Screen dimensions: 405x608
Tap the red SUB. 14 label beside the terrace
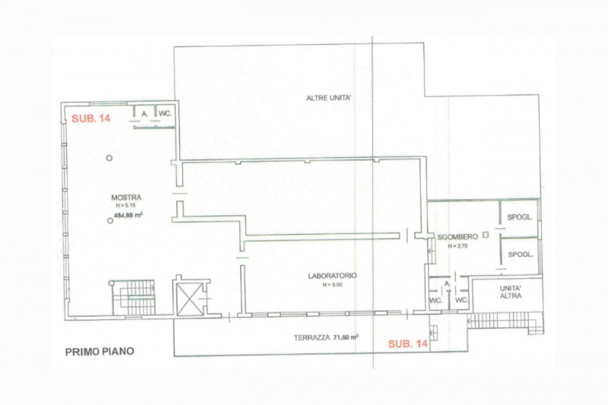(x=408, y=344)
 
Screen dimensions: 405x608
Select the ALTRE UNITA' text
(x=328, y=99)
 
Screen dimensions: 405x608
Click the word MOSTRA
(x=125, y=198)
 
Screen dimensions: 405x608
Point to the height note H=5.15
(x=125, y=206)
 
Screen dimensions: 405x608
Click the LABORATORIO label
(x=333, y=276)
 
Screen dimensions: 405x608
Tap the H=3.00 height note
(x=334, y=285)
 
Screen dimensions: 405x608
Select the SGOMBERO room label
(x=456, y=237)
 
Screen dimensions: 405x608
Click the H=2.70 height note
(x=458, y=246)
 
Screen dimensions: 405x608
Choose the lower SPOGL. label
(x=521, y=253)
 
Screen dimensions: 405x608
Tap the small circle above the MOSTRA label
(x=109, y=157)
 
